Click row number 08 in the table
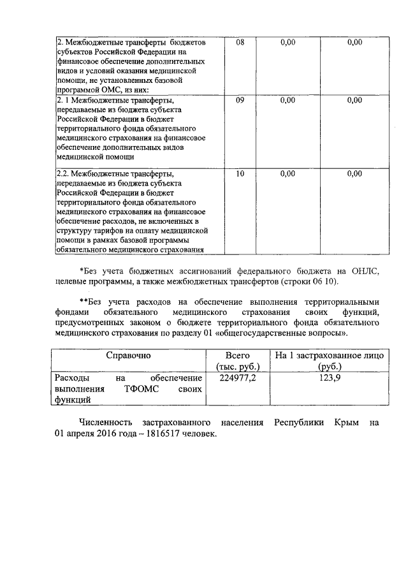pyautogui.click(x=240, y=42)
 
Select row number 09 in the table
pyautogui.click(x=240, y=100)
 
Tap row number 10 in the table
pyautogui.click(x=240, y=173)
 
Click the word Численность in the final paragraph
pyautogui.click(x=105, y=423)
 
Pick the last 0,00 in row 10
pyautogui.click(x=354, y=173)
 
